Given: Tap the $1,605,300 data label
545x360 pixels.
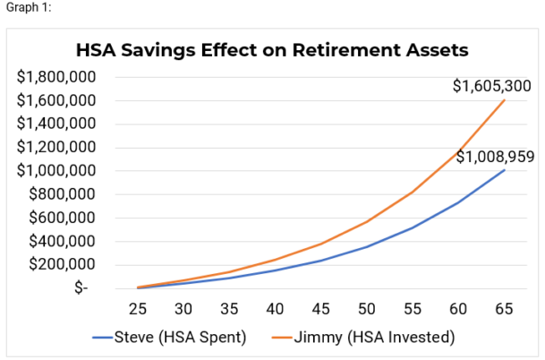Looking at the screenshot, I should click(x=491, y=86).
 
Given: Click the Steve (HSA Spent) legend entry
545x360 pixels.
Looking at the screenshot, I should click(x=167, y=337).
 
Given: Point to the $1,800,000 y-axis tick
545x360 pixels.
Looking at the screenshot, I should click(x=56, y=76).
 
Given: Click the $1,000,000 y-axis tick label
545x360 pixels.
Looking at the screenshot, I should click(x=56, y=170).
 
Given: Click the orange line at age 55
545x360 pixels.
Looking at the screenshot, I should click(x=410, y=192).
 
